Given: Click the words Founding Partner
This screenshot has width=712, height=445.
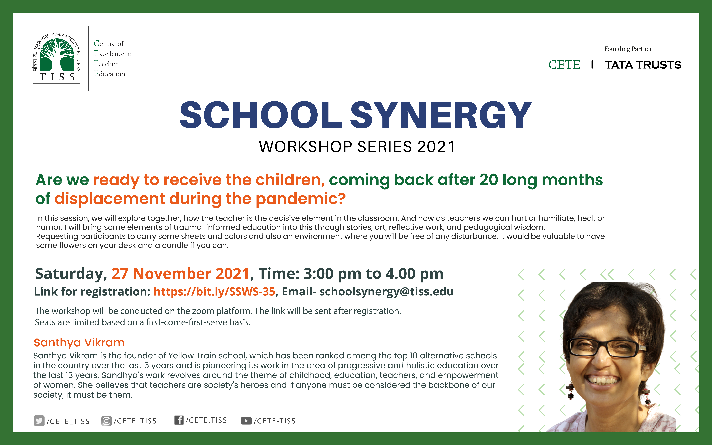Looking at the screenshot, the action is (x=628, y=49).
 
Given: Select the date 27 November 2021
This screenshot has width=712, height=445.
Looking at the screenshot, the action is (x=180, y=274).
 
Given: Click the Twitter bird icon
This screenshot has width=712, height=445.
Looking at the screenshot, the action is (x=39, y=421).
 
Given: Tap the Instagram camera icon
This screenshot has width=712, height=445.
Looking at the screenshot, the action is (x=106, y=421).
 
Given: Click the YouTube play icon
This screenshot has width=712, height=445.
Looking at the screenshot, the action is (x=246, y=421).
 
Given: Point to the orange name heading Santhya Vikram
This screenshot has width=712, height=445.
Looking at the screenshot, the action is (x=79, y=343).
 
